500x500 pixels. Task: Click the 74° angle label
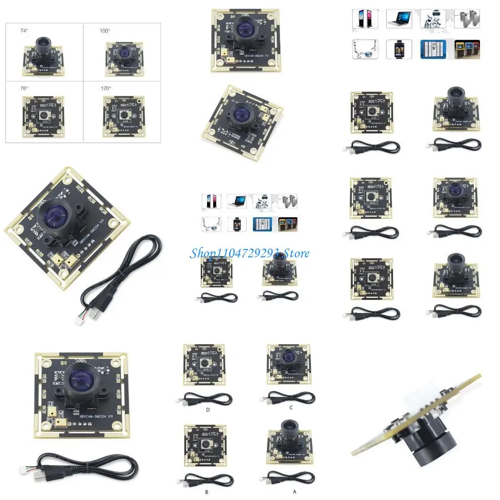point(24,31)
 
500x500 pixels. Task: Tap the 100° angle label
point(105,31)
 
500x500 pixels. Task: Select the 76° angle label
point(24,88)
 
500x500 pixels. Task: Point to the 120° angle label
point(106,88)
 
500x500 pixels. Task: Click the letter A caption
point(294,492)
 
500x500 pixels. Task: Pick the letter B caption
point(207,492)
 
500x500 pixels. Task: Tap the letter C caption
point(291,407)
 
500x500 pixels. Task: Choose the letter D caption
point(208,410)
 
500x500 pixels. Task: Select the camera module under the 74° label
point(43,57)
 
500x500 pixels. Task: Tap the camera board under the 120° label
point(124,115)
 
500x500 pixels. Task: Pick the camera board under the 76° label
point(43,115)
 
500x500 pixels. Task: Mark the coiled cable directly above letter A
point(288,478)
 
